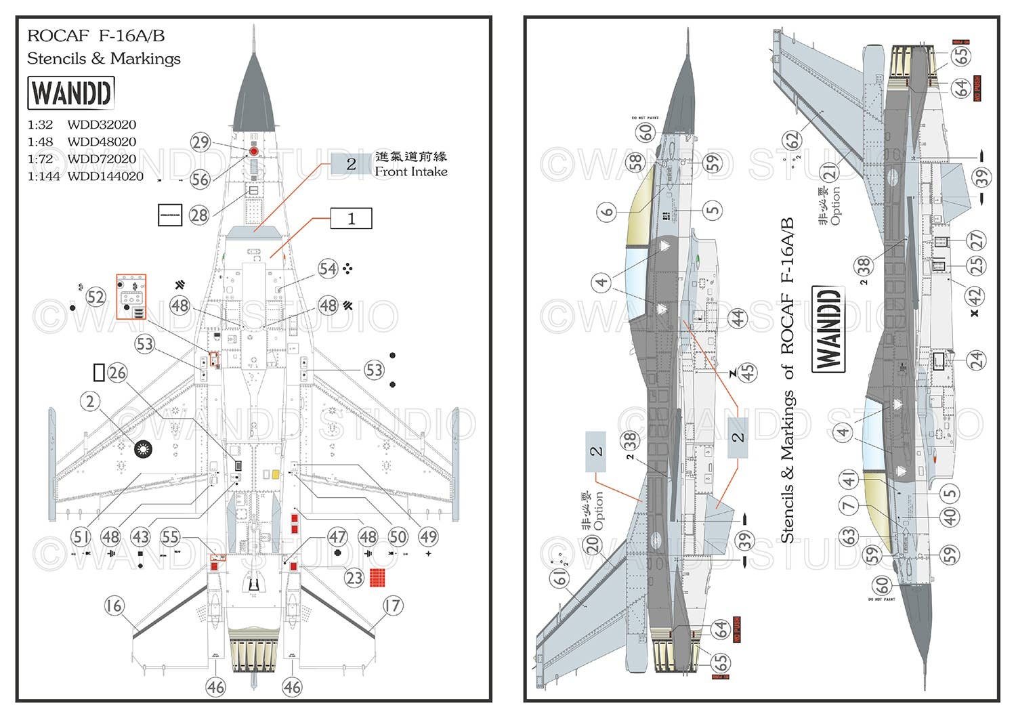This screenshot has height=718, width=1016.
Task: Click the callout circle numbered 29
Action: click(x=200, y=142)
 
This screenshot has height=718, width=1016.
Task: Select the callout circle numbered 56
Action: click(x=200, y=179)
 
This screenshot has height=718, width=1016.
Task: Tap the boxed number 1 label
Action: click(x=351, y=219)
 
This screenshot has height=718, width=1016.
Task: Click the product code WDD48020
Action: click(x=102, y=142)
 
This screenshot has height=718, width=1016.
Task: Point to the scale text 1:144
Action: click(x=43, y=176)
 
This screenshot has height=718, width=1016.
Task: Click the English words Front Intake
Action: click(x=411, y=172)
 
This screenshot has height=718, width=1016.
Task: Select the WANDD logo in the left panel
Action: click(x=70, y=93)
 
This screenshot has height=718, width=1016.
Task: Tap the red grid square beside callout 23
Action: click(x=377, y=578)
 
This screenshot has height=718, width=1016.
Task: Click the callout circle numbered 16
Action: click(x=114, y=606)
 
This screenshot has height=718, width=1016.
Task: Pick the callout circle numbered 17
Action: click(x=392, y=606)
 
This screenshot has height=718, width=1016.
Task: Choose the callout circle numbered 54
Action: click(x=328, y=269)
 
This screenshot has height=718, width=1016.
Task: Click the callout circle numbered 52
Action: click(x=96, y=297)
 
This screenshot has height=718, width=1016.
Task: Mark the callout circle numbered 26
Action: click(x=117, y=373)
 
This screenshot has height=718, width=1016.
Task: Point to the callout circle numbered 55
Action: click(x=170, y=537)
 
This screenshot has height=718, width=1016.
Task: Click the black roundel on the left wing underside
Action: click(x=143, y=448)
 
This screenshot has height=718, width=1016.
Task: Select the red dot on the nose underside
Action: click(x=254, y=152)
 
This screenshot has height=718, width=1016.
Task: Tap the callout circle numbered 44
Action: click(x=737, y=317)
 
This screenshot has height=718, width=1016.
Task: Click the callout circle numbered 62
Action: click(x=791, y=140)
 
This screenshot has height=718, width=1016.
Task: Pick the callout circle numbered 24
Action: click(x=976, y=360)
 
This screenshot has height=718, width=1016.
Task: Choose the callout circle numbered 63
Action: click(x=849, y=536)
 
